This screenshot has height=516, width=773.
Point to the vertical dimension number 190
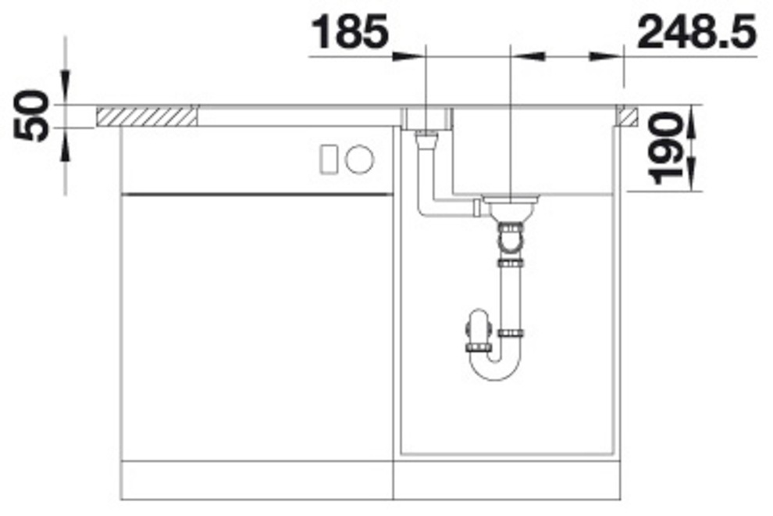point(664,148)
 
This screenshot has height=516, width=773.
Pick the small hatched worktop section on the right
point(626,116)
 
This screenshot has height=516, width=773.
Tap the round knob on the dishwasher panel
point(359,159)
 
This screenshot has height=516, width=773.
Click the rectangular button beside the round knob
point(329,159)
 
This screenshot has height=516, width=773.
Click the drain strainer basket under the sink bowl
point(511,207)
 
